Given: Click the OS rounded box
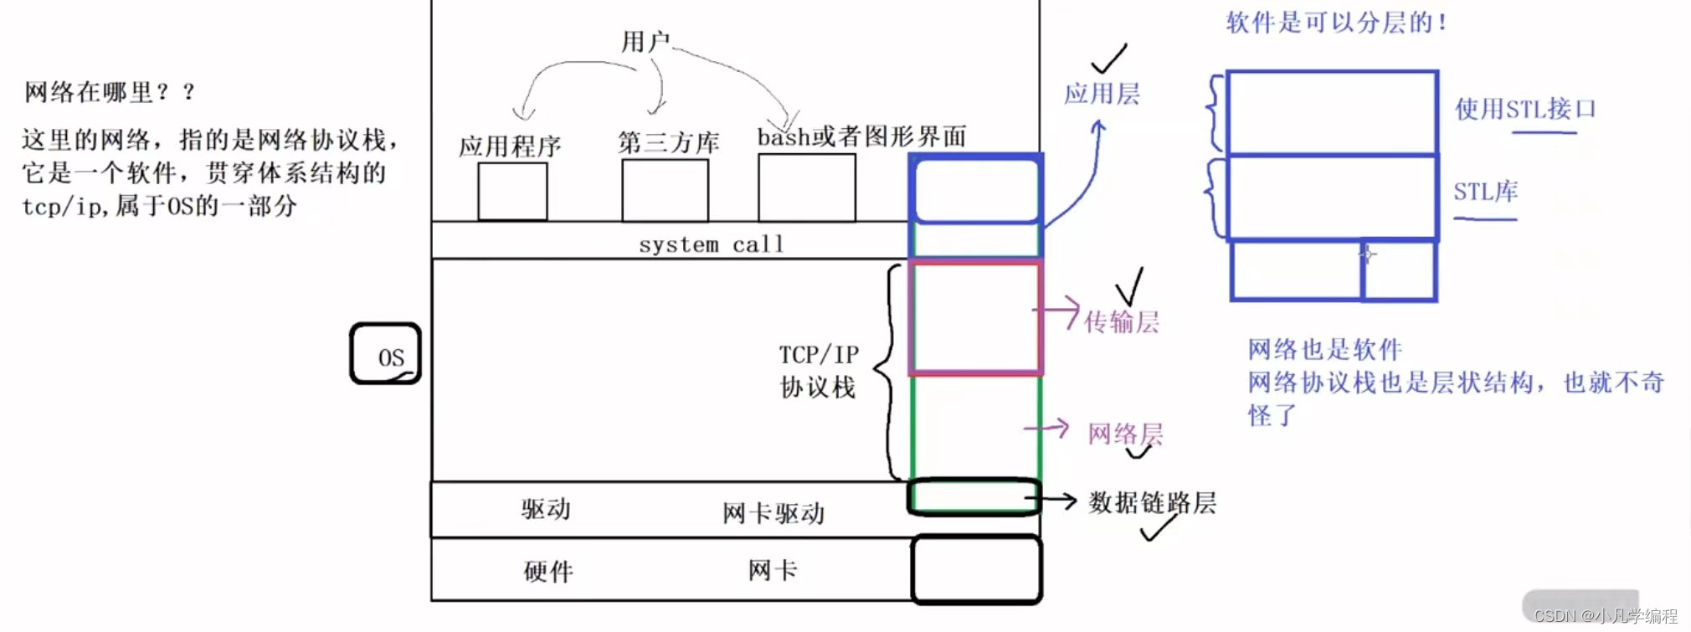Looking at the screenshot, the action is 385,354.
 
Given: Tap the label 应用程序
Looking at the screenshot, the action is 510,146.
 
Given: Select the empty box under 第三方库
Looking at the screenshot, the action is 665,191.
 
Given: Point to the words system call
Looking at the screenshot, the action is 712,244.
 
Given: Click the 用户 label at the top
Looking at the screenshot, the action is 645,41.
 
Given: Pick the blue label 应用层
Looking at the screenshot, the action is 1102,94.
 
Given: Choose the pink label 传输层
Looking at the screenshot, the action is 1122,322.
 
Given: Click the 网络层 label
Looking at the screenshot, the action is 1125,434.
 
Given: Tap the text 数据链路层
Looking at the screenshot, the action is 1152,502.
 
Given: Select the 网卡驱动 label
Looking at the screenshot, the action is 774,513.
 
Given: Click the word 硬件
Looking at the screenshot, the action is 548,572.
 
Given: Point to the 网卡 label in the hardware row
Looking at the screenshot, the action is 773,571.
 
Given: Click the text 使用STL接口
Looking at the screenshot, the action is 1525,109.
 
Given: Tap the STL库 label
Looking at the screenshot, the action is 1485,192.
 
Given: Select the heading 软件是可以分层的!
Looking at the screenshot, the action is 1336,23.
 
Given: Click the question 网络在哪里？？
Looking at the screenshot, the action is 110,92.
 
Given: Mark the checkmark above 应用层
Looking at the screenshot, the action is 1109,59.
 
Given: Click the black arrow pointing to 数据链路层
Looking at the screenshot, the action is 1051,501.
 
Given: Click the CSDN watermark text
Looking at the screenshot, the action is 1606,616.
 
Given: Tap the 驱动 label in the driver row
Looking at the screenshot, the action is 546,509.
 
